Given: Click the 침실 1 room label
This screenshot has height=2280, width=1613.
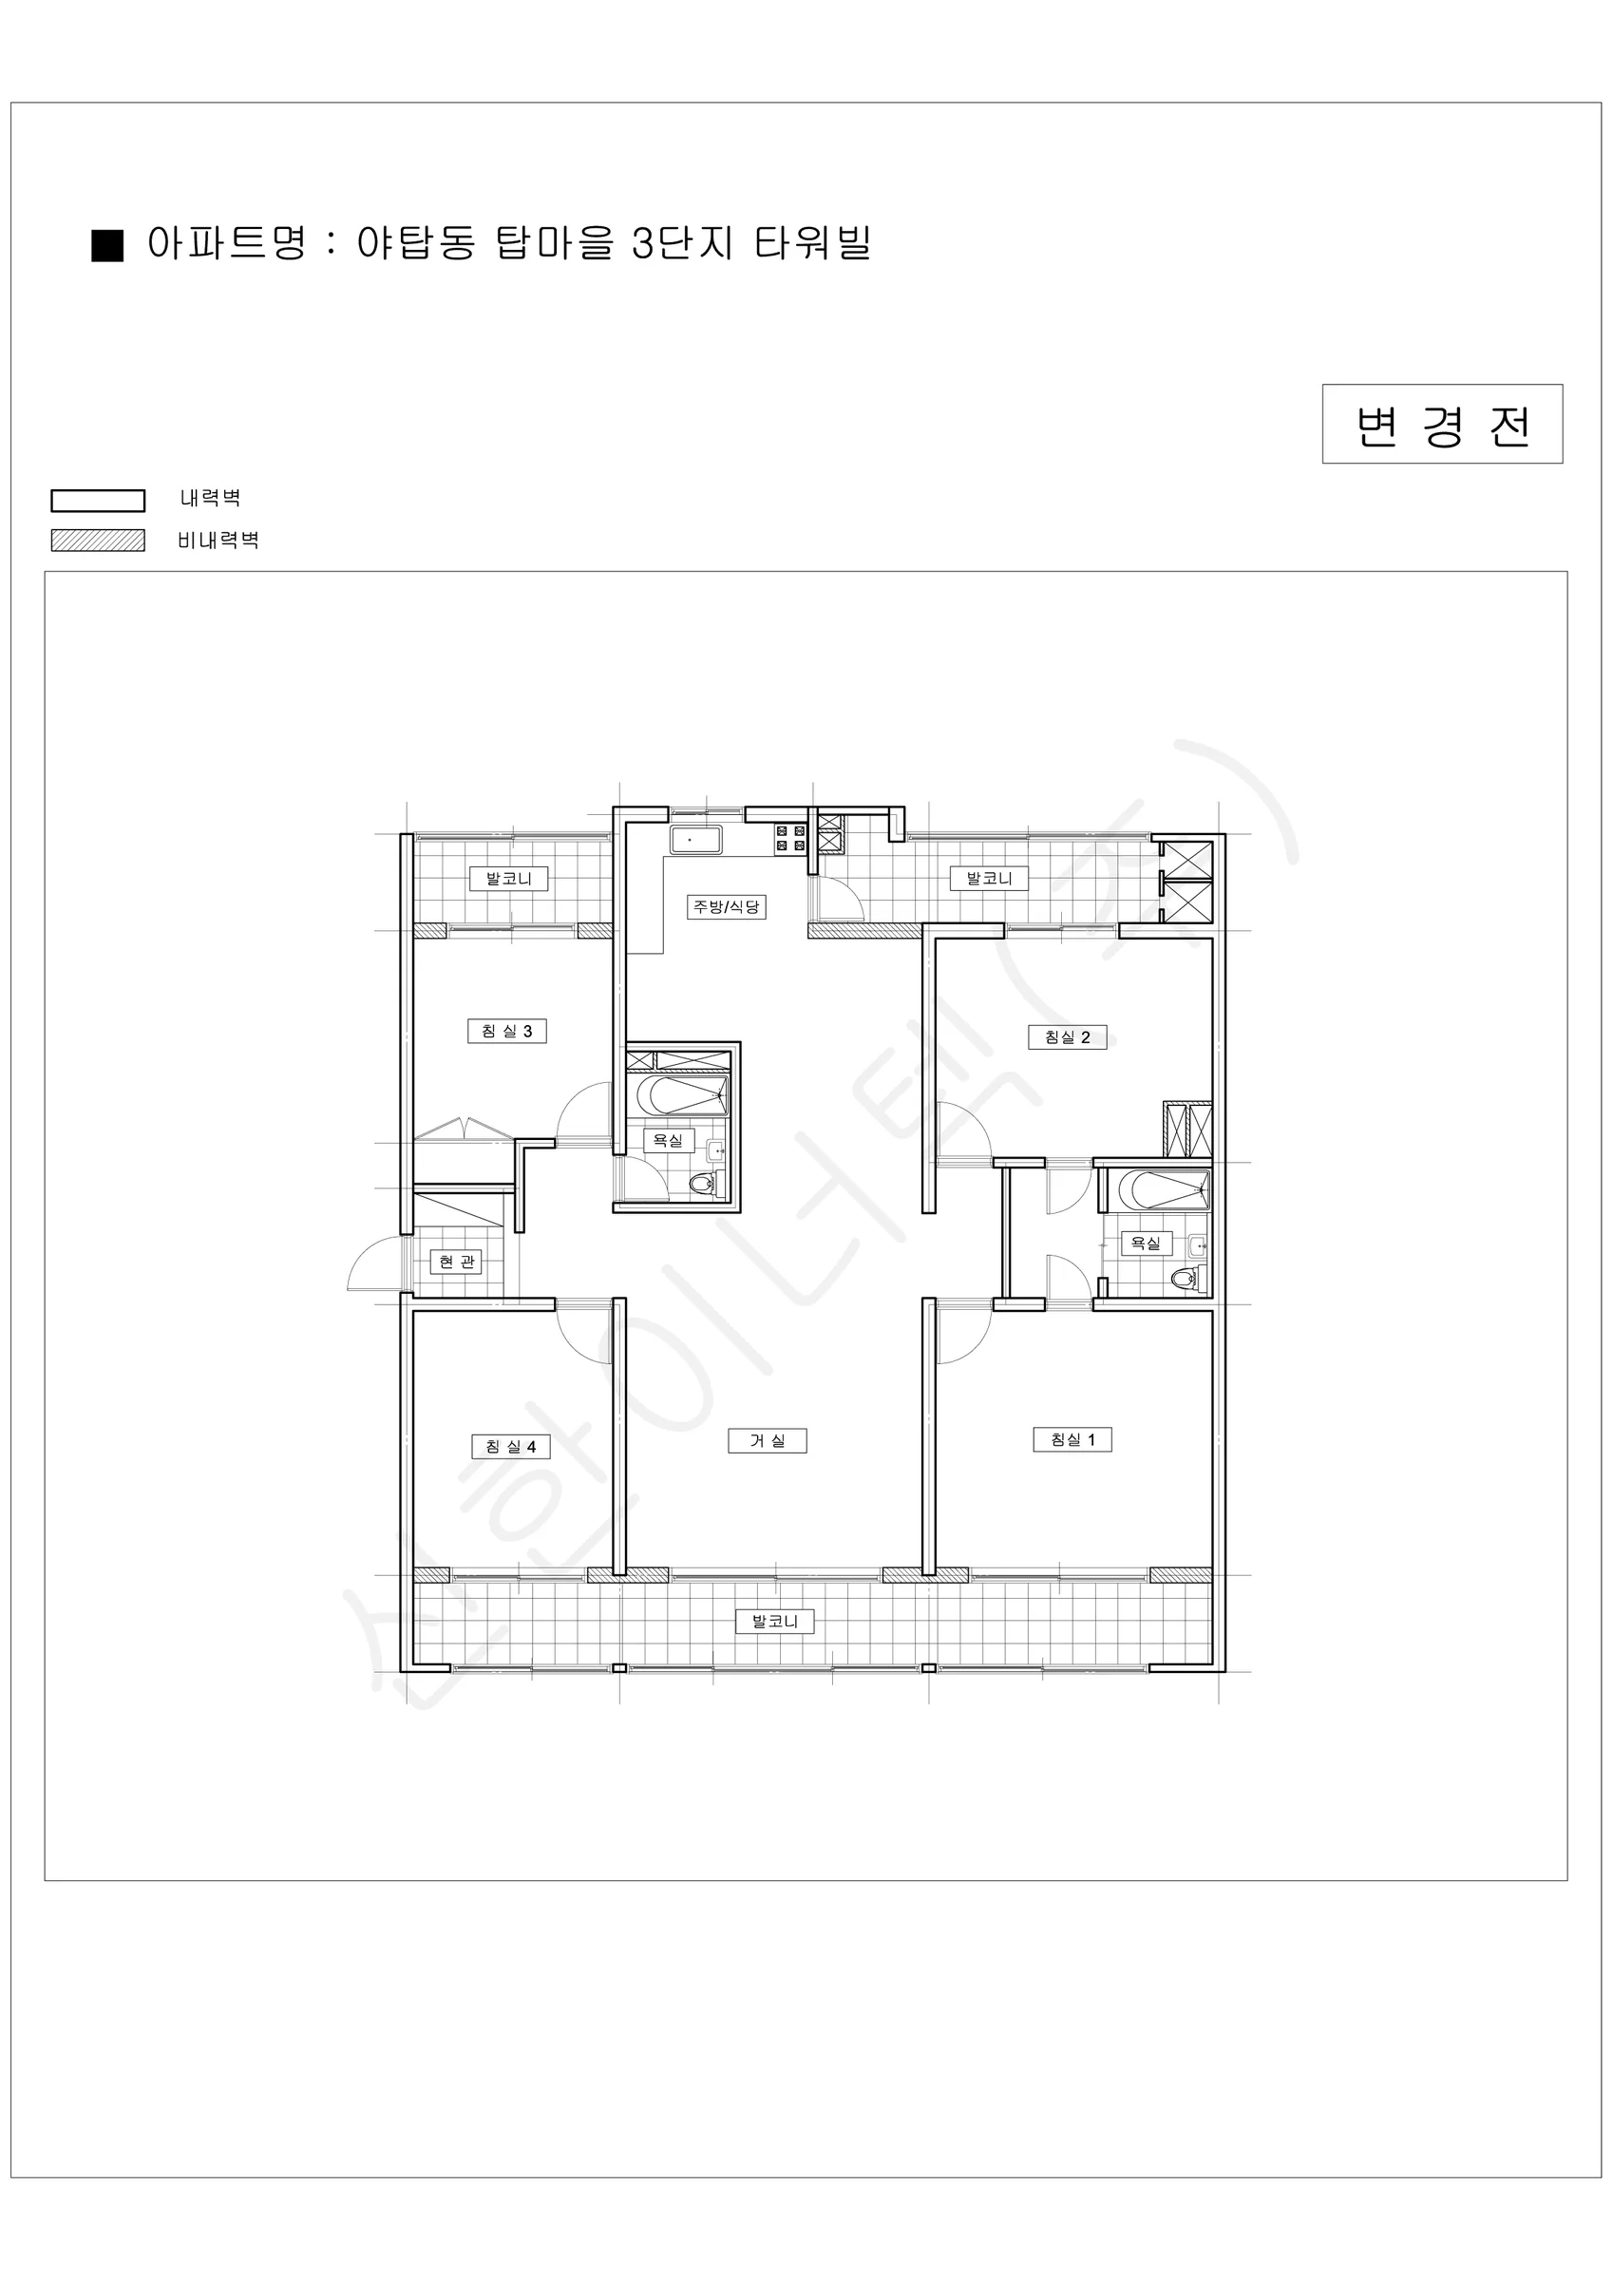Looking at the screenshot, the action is [x=1072, y=1439].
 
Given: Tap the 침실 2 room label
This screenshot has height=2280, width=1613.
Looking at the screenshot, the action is [x=1068, y=1036].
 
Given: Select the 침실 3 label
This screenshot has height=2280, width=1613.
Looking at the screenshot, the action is [x=507, y=1031].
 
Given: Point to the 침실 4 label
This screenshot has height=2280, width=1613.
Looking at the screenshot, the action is [x=510, y=1447].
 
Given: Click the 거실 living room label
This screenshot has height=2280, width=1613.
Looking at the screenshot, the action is [x=767, y=1440].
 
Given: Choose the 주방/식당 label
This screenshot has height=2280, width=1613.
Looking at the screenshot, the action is [x=727, y=906].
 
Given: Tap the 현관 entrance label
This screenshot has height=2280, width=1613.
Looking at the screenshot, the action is [x=457, y=1262].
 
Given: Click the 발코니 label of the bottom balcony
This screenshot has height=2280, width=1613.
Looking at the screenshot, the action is [x=776, y=1622].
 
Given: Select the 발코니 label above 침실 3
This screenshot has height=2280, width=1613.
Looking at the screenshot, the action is [x=508, y=878].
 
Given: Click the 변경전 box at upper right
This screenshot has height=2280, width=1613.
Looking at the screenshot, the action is [x=1442, y=424].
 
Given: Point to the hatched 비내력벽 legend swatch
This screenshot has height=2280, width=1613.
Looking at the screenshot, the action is [x=99, y=541].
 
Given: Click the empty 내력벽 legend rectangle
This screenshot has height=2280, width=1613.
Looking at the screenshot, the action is [x=99, y=501].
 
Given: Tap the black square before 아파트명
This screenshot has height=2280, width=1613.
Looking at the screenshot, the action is [x=107, y=245].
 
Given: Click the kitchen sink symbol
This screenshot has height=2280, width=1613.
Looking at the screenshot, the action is [x=695, y=839].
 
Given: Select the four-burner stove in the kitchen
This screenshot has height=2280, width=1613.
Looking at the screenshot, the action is [x=790, y=838].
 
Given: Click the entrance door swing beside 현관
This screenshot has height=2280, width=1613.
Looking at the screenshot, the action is [x=375, y=1264].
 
